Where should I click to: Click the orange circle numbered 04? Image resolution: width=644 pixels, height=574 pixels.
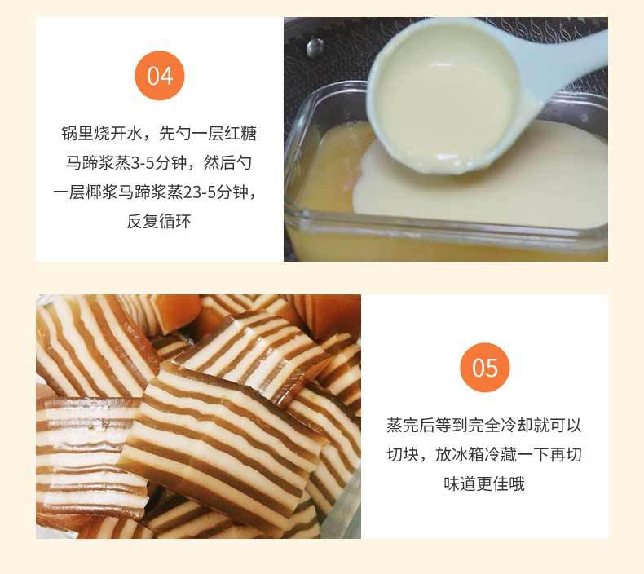[x=160, y=76]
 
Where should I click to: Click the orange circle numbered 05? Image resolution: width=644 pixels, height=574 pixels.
[x=484, y=367]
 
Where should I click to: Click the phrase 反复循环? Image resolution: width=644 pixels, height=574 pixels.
[x=159, y=222]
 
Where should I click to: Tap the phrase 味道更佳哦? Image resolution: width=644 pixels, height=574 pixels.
[x=484, y=483]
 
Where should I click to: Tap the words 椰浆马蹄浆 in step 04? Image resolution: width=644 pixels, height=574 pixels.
[x=126, y=192]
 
